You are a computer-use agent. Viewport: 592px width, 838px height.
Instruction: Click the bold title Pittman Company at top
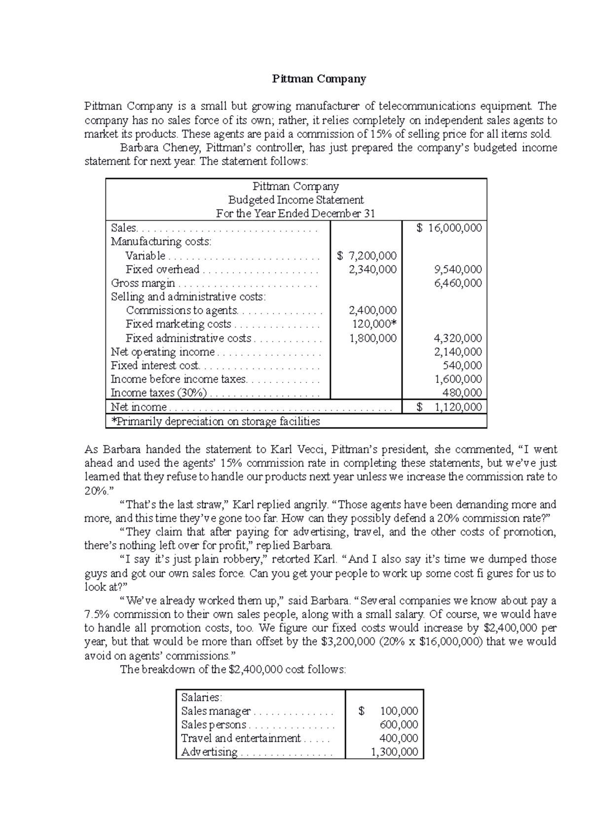tap(319, 79)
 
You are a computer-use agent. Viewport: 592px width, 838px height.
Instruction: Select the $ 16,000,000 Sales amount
tap(449, 228)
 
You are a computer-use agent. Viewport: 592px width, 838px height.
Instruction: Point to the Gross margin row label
tap(143, 283)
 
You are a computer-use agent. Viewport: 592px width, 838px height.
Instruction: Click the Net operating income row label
tap(163, 352)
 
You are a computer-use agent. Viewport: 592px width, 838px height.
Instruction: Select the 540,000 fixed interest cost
tap(462, 366)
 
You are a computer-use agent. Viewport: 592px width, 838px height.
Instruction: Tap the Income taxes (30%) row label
tap(158, 393)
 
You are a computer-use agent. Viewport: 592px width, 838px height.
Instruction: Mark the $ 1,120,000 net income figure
tap(449, 407)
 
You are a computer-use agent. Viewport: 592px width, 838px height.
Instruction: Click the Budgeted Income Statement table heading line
tap(296, 200)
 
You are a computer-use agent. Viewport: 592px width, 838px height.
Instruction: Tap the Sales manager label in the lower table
tap(216, 711)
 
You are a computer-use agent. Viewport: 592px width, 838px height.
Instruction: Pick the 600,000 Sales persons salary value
tap(399, 725)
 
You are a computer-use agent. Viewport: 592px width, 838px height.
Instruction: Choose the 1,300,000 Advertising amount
tap(394, 752)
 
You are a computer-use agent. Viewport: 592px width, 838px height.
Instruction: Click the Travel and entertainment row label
tap(241, 738)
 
